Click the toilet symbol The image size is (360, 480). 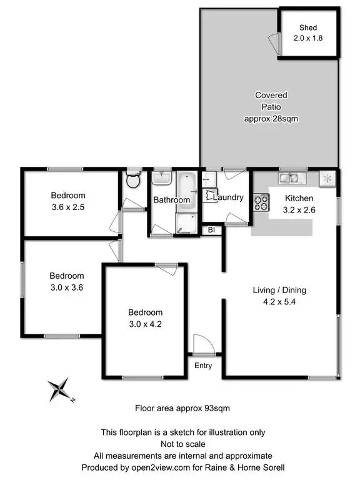pyautogui.click(x=132, y=181)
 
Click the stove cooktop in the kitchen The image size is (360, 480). pyautogui.click(x=261, y=202)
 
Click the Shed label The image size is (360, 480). pyautogui.click(x=308, y=27)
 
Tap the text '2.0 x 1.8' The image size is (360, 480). pyautogui.click(x=308, y=38)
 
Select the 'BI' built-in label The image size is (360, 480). pyautogui.click(x=212, y=229)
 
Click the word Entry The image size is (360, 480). pyautogui.click(x=203, y=366)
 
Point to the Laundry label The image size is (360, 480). pyautogui.click(x=228, y=197)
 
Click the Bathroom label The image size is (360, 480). pyautogui.click(x=172, y=200)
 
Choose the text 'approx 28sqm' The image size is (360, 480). pyautogui.click(x=271, y=118)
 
